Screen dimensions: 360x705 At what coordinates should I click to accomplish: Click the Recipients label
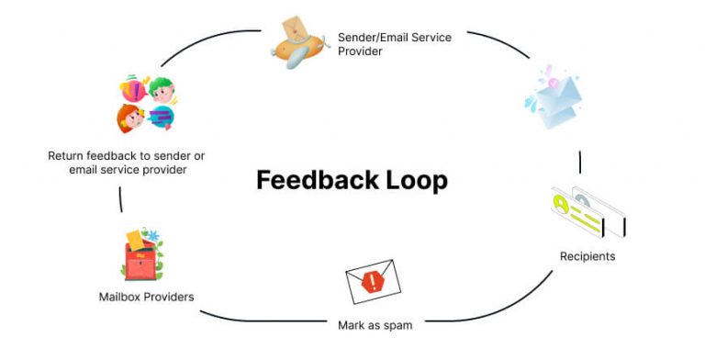point(587,255)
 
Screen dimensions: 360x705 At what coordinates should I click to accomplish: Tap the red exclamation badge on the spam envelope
point(372,283)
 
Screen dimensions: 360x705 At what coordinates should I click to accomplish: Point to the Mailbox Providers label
point(146,297)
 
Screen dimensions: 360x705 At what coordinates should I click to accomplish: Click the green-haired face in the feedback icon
point(162,90)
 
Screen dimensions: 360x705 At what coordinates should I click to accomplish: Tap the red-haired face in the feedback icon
point(129,118)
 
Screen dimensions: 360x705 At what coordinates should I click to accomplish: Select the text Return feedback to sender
point(126,156)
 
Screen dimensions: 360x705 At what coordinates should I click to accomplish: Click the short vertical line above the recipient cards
point(580,163)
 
